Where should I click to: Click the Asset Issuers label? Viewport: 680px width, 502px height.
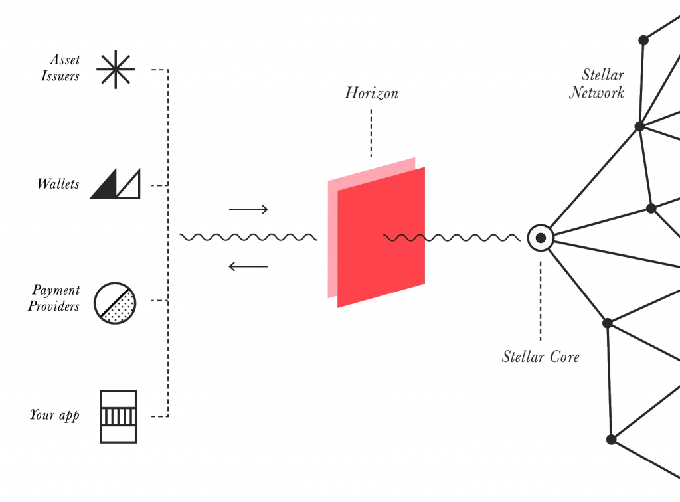coord(60,68)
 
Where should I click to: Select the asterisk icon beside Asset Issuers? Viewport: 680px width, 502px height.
coord(116,69)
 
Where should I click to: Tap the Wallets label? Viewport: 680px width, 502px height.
coord(58,184)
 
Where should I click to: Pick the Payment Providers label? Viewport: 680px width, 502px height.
coord(54,298)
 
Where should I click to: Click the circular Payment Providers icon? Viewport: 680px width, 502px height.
coord(115,303)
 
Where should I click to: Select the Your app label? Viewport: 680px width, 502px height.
coord(54,415)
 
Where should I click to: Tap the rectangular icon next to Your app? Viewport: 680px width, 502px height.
coord(118,416)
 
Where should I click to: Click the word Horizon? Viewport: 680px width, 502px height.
coord(372,93)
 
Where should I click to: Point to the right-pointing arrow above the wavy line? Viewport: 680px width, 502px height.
coord(248,210)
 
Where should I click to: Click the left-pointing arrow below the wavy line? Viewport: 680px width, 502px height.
coord(248,266)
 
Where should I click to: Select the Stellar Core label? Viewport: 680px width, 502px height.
coord(541,357)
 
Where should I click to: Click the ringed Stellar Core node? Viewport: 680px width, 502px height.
coord(541,238)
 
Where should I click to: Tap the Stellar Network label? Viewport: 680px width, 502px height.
coord(597,84)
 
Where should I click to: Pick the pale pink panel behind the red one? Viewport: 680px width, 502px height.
coord(333,238)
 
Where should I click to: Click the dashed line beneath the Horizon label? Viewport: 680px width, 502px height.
coord(371,133)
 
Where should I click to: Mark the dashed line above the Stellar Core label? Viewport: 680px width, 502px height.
coord(541,301)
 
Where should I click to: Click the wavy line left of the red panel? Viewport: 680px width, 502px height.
coord(248,237)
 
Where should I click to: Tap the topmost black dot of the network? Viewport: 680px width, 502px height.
coord(643,41)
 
